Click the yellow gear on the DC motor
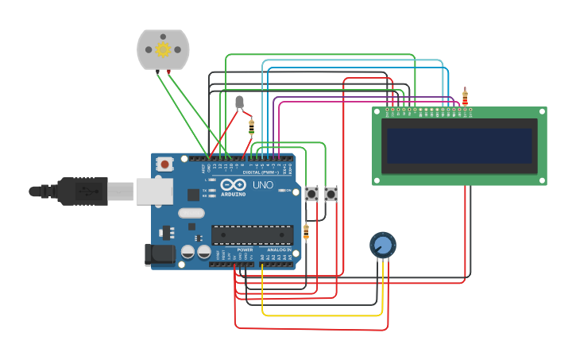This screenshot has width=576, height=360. (163, 49)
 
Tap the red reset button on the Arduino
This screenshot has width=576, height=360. (164, 165)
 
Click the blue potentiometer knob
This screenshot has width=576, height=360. (382, 244)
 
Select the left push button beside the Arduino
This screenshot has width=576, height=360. (311, 193)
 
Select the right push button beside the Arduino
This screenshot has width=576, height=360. (331, 193)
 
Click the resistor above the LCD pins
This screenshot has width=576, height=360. (465, 98)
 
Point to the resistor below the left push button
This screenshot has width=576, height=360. (306, 231)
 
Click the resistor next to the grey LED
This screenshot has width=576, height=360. (252, 126)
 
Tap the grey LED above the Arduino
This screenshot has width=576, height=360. (239, 101)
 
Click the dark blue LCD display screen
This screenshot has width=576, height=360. (458, 146)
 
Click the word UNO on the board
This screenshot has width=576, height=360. (262, 185)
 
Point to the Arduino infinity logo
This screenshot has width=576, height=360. (233, 186)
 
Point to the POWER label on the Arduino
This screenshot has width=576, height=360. (245, 250)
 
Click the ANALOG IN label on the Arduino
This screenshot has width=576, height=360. (280, 250)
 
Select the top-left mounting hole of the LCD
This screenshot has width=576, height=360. (377, 112)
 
